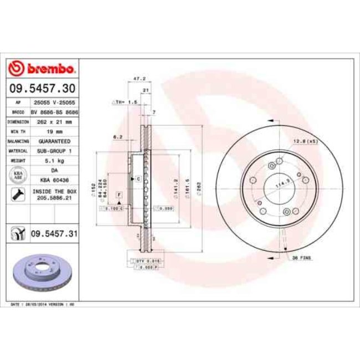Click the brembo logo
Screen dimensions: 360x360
42,69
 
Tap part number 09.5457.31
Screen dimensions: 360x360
53,234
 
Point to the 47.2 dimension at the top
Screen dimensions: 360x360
140,80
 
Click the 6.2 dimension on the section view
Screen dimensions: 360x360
117,136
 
